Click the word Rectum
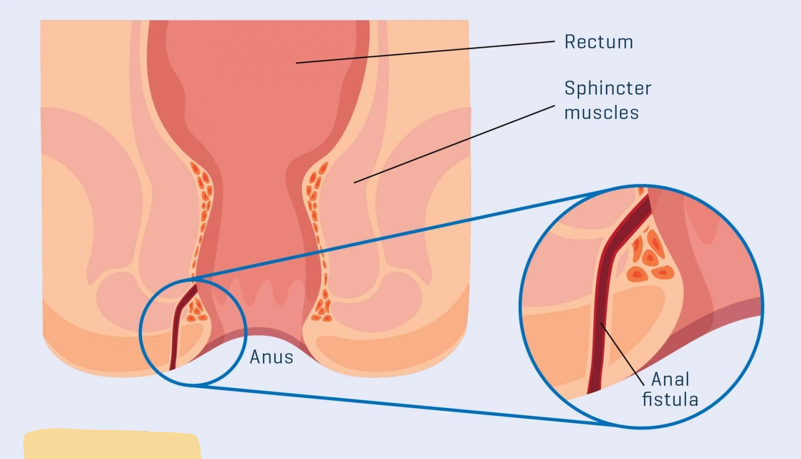coord(598,42)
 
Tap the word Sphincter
coord(608,88)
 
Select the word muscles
coord(601,113)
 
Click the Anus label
coord(271,358)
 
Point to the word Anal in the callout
coord(670,379)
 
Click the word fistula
coord(670,399)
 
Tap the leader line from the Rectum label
coord(424,52)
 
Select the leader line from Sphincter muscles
coord(455,144)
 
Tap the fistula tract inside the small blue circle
coord(176,328)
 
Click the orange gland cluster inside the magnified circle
coord(649,258)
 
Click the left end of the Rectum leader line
coord(297,63)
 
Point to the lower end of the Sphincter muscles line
coord(355,182)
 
